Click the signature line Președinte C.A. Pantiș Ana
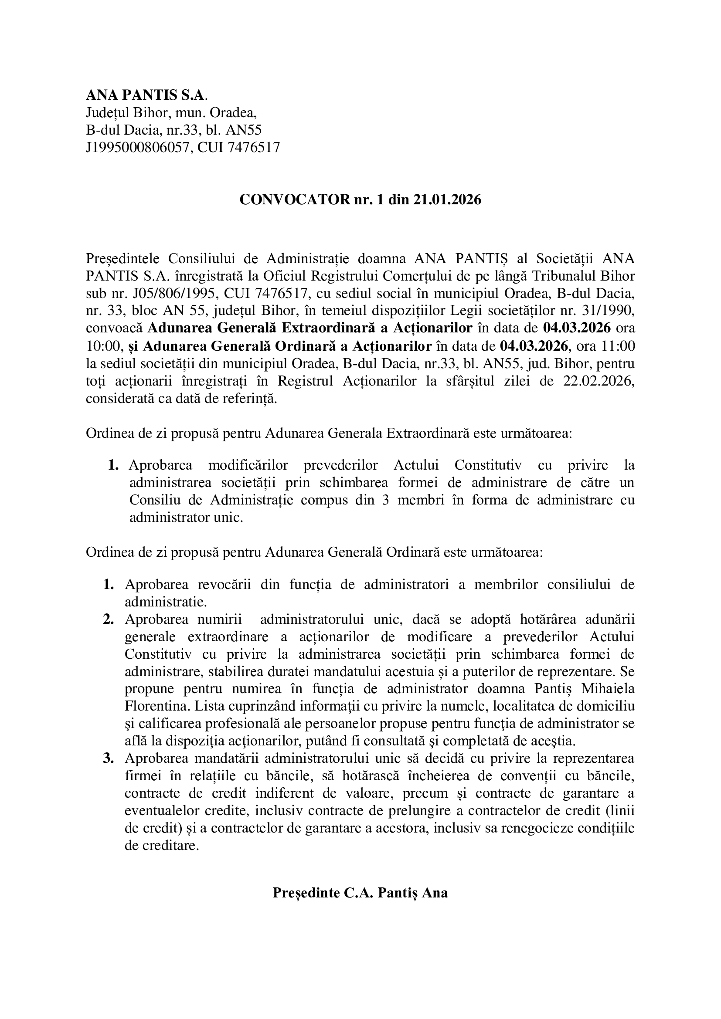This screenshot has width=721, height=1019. pyautogui.click(x=360, y=893)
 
